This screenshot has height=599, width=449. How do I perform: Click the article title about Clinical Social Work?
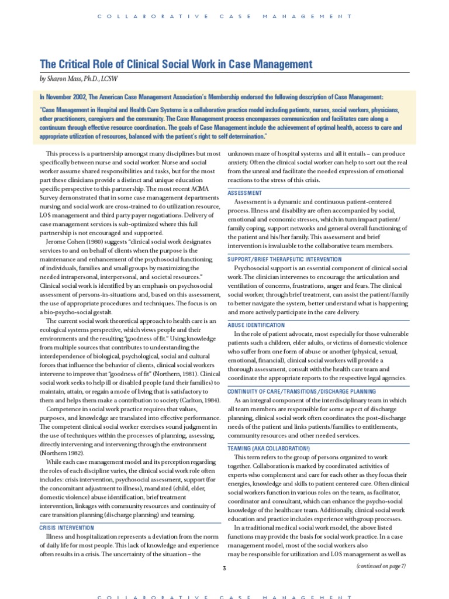pos(175,64)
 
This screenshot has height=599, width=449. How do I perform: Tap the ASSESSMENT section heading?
pos(244,192)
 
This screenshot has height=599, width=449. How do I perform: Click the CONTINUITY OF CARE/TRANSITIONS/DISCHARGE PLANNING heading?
pos(301,391)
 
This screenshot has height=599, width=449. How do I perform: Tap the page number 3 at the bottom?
pos(224,567)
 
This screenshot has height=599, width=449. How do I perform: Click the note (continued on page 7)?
pos(381,566)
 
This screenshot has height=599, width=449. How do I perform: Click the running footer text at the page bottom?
pos(224,596)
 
